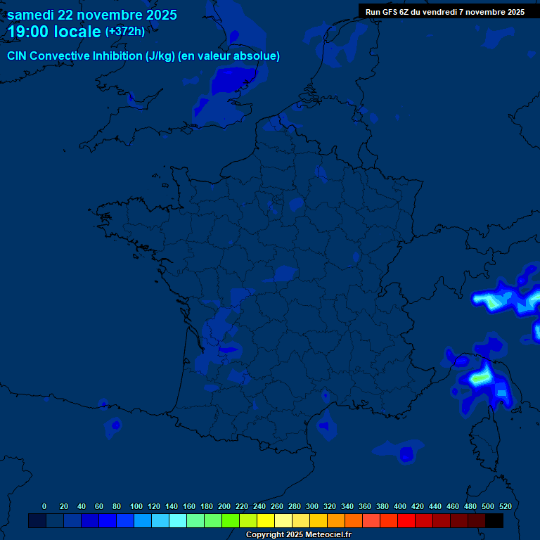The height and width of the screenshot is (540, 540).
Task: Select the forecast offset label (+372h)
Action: (x=124, y=32)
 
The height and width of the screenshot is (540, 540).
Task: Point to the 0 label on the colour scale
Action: (x=44, y=506)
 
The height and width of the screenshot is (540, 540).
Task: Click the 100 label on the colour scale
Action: (x=136, y=506)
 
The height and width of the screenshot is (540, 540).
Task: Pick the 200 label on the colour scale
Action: (x=224, y=506)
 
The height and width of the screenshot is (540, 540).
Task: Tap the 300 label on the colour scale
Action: (x=312, y=506)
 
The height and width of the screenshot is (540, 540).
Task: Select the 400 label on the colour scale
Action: (x=400, y=506)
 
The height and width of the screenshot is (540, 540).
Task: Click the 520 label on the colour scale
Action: (x=505, y=506)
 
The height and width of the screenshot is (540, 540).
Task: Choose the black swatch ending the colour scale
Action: (x=494, y=520)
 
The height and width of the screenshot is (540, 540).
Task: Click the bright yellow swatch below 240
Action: (x=266, y=520)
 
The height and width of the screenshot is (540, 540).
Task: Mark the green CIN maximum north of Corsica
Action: (x=480, y=378)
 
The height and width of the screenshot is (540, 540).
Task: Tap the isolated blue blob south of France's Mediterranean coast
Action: (x=406, y=453)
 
